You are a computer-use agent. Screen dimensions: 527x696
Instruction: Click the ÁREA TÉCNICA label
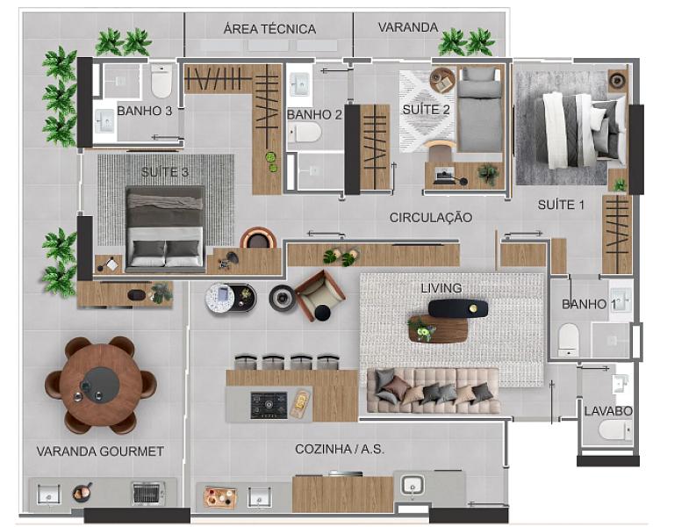tap(269, 29)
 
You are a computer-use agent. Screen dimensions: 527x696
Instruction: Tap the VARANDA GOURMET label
tap(100, 451)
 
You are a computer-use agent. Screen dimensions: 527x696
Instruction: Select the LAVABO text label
tap(608, 410)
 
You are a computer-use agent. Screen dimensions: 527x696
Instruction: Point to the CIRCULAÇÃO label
tap(430, 217)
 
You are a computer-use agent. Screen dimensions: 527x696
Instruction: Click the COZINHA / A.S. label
tap(340, 449)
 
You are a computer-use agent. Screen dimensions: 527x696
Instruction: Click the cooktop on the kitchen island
tap(269, 405)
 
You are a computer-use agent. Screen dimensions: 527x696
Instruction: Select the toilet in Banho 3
tap(161, 81)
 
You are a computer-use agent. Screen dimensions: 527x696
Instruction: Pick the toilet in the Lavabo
tap(614, 430)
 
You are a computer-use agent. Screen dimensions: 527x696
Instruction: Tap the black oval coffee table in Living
tap(457, 308)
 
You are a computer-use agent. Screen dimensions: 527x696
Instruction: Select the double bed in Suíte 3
tap(165, 227)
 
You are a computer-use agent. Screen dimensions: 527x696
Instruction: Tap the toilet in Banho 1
tap(569, 338)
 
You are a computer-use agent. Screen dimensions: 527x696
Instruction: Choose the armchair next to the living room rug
tap(319, 295)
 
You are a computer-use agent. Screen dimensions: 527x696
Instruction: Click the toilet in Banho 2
tap(305, 133)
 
